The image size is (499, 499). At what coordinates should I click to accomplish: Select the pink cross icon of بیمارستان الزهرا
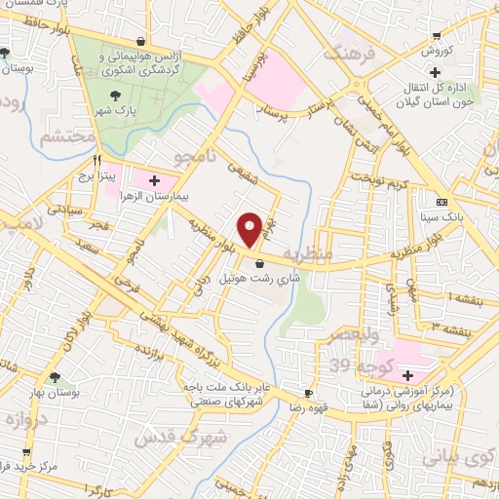tap(154, 180)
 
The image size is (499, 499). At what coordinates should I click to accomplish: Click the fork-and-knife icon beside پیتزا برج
tap(96, 162)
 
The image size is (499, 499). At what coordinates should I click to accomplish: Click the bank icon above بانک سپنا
tap(442, 202)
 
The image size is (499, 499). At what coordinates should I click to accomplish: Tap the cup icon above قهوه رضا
tap(308, 393)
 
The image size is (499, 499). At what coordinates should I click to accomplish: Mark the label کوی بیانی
tap(453, 457)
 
